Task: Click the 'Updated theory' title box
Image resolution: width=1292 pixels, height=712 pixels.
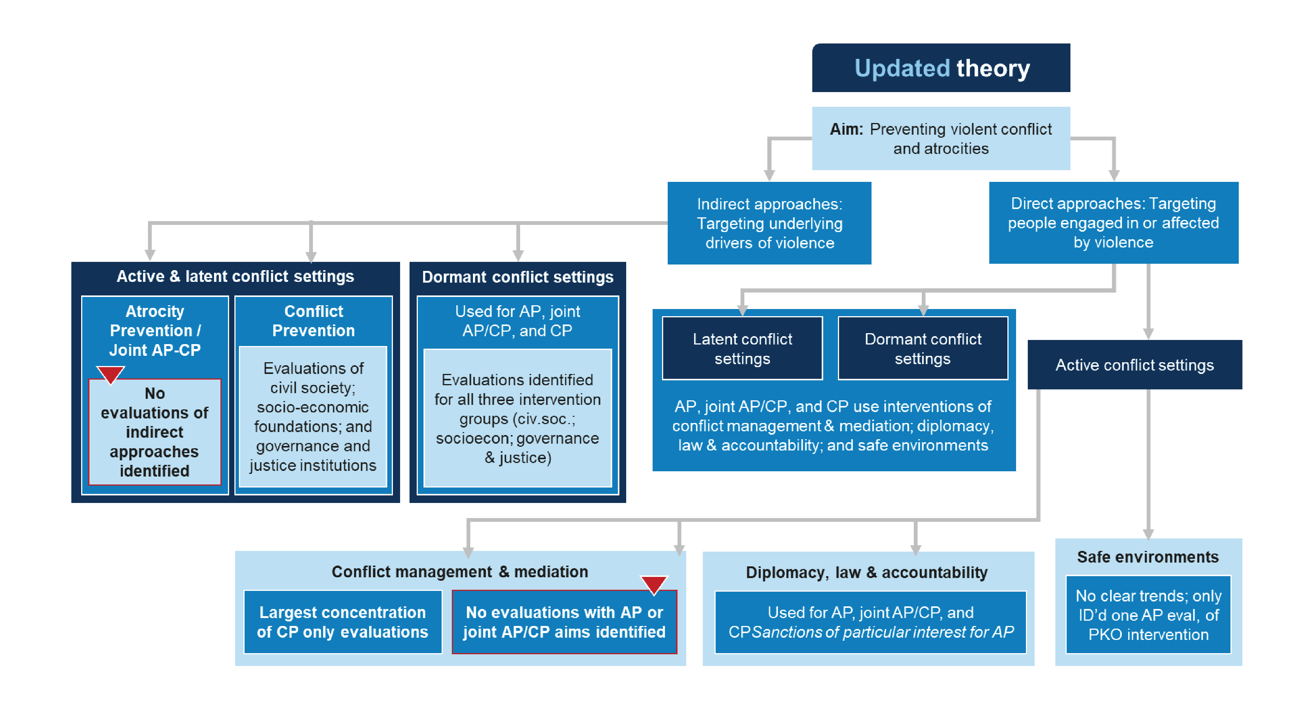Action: pos(941,68)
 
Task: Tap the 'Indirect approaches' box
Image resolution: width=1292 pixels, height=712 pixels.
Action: pos(769,223)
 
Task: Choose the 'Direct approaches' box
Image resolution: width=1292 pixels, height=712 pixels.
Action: pos(1113,223)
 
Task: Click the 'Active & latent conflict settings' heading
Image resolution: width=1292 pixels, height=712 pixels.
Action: pos(235,276)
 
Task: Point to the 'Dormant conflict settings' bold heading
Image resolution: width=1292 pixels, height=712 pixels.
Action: pos(517,277)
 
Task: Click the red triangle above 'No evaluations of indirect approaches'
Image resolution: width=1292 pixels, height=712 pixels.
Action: pos(110,374)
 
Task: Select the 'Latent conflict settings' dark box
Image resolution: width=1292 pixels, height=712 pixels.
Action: pos(742,349)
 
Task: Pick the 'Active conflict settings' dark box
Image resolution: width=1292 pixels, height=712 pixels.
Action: pos(1135,365)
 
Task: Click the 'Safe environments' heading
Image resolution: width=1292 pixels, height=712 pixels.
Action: pos(1147,557)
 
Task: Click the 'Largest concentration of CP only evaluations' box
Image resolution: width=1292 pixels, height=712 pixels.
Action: pos(343,622)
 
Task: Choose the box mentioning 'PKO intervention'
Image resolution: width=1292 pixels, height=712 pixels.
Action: pos(1148,615)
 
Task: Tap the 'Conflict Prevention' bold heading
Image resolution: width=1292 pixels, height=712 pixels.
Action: pos(314,321)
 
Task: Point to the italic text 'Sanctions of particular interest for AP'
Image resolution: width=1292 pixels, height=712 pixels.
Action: pos(883,632)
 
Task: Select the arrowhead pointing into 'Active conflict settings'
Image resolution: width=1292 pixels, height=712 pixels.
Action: pos(1148,334)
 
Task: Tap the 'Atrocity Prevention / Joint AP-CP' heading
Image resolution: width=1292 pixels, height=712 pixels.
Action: pos(155,331)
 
